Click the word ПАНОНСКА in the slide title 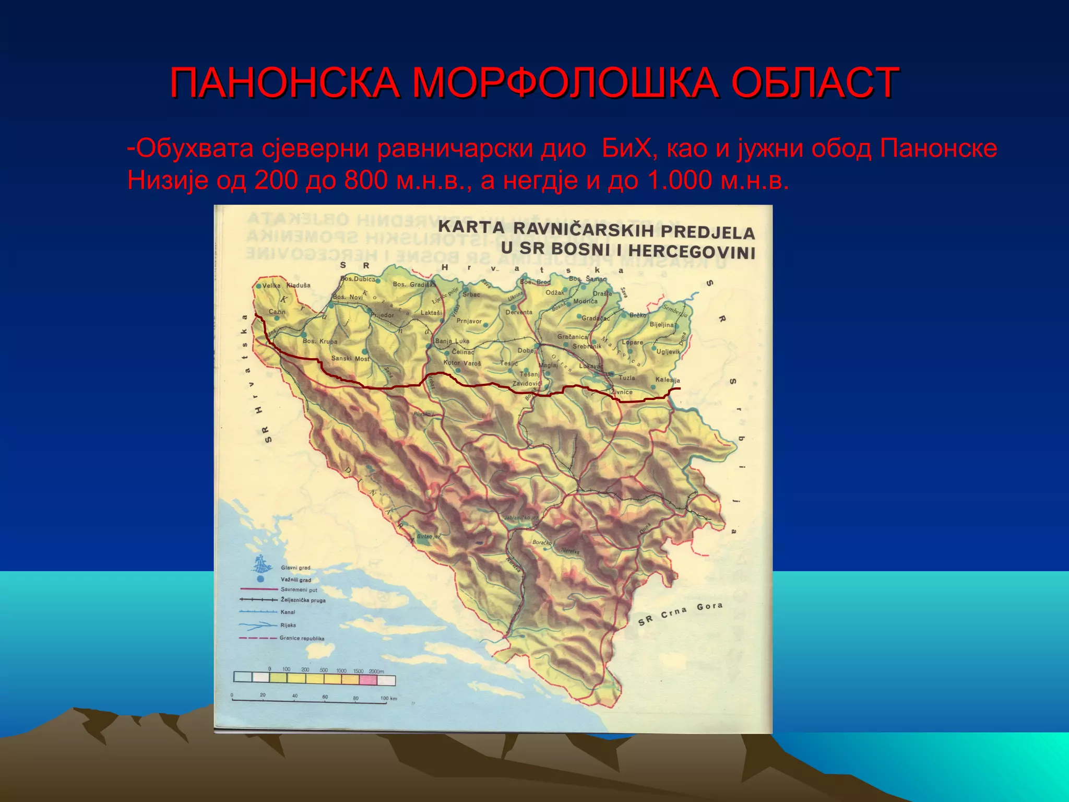tap(285, 84)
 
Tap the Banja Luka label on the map tap(452, 341)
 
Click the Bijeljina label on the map tap(662, 325)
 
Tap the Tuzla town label tap(626, 378)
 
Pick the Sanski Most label tap(350, 359)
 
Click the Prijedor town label tap(383, 315)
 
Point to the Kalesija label tap(668, 380)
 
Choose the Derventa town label tap(519, 312)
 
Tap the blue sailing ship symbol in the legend tap(263, 564)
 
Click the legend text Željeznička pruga tap(303, 600)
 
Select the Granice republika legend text tap(302, 638)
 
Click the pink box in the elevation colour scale tap(367, 679)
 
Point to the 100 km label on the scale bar tap(388, 699)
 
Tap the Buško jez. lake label tap(429, 536)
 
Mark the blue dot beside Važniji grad tap(260, 579)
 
